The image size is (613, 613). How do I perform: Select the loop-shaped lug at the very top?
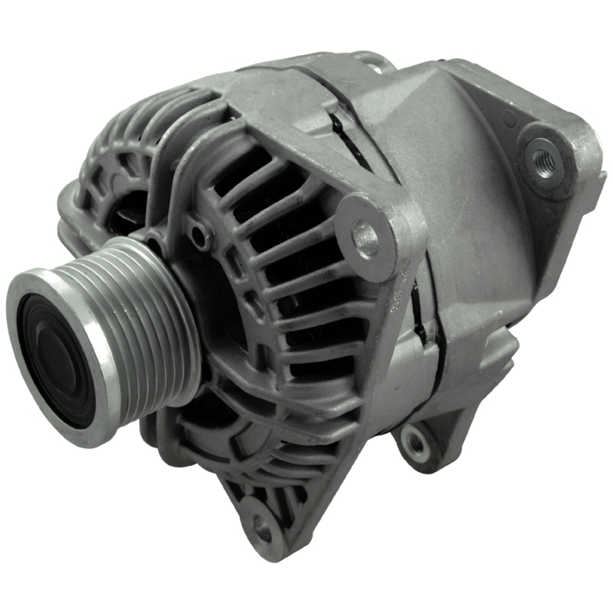[371, 60]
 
